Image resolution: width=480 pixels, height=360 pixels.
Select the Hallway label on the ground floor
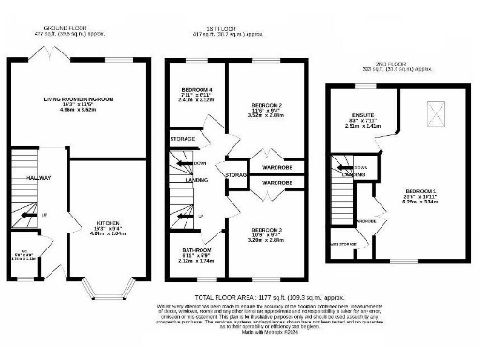[38, 177]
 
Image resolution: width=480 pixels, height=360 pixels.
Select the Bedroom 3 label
[269, 230]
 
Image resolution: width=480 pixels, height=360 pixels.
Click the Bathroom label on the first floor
[197, 251]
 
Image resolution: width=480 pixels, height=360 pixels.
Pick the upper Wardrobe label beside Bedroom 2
[276, 157]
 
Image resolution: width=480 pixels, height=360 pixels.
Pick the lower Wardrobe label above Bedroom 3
[276, 181]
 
